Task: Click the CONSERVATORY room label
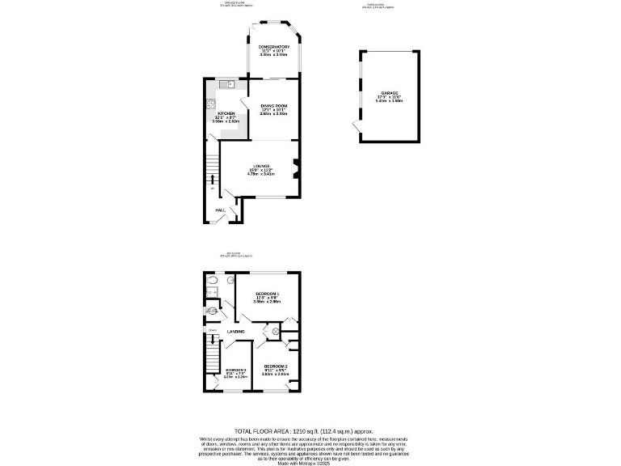274,48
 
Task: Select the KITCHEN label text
226,113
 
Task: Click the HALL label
219,210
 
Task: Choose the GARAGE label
390,94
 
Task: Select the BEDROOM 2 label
275,366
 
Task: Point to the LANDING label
236,332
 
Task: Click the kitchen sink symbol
230,83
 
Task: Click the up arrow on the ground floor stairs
213,179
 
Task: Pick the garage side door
355,127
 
